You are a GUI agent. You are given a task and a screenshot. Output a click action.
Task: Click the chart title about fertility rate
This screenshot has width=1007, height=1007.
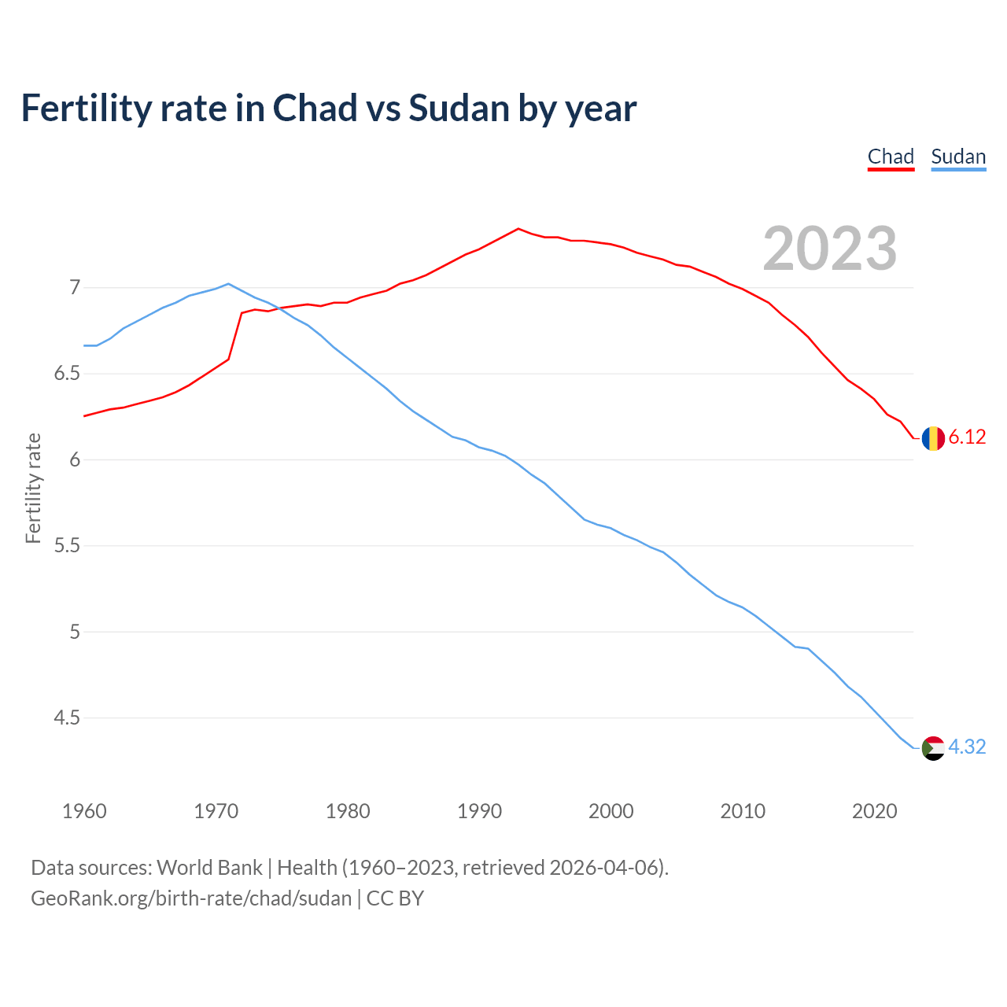[x=328, y=109]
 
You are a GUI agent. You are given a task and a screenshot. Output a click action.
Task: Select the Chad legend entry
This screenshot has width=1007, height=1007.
[x=891, y=157]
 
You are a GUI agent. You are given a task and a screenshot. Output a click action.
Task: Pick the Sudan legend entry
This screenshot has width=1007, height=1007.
[x=958, y=157]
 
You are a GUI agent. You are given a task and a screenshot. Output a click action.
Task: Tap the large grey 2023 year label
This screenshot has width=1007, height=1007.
[x=830, y=249]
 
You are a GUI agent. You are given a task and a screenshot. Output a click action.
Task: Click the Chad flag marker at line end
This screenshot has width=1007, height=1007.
[x=933, y=438]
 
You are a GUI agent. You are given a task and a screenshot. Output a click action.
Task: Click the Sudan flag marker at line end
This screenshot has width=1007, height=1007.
[x=933, y=747]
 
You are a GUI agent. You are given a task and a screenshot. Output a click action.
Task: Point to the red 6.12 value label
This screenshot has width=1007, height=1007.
[x=967, y=437]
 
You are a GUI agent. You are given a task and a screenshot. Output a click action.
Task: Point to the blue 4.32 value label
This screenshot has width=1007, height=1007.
[x=967, y=747]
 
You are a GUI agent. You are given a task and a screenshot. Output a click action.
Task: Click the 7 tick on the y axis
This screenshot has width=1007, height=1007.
[x=75, y=288]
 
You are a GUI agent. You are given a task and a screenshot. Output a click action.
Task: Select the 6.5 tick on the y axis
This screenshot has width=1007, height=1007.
[x=67, y=374]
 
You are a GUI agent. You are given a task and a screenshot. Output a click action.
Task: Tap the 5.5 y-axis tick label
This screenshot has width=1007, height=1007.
[x=67, y=546]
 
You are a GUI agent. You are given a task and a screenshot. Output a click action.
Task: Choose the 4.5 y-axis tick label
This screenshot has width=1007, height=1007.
[x=67, y=718]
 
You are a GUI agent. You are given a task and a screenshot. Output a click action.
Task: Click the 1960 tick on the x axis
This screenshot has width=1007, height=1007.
[x=84, y=811]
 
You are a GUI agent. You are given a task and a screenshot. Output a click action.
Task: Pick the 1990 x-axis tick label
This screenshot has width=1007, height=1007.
[x=479, y=811]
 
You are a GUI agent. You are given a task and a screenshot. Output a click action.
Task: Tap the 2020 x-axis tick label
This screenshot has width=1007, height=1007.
[x=874, y=811]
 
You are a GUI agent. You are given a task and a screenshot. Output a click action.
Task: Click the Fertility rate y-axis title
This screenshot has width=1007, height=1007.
[x=33, y=488]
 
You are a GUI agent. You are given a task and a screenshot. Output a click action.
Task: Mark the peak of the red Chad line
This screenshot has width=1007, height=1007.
[x=518, y=229]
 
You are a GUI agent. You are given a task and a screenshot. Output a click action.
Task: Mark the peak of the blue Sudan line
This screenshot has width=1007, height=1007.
[x=228, y=284]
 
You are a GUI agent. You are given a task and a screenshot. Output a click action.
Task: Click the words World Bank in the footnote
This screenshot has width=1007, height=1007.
[x=209, y=868]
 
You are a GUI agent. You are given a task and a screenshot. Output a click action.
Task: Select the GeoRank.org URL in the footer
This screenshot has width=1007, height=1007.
[x=191, y=898]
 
